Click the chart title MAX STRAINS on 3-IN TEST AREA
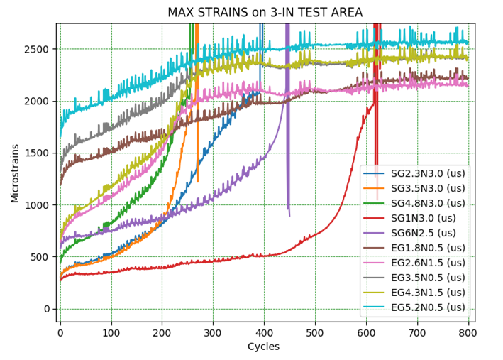265,12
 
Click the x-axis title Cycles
264,347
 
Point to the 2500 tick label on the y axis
40,50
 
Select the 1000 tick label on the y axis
40,205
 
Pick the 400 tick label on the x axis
264,332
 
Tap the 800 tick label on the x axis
468,332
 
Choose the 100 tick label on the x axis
111,332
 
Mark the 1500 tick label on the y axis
40,153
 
